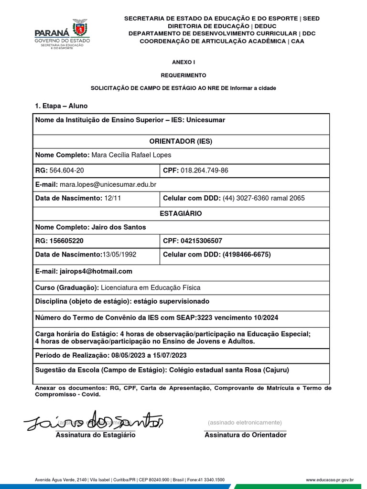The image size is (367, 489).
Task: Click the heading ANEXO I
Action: pyautogui.click(x=183, y=62)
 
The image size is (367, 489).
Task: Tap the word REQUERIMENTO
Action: pyautogui.click(x=183, y=75)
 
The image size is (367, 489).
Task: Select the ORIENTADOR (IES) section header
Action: pyautogui.click(x=181, y=141)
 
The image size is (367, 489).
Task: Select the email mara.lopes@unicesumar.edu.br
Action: pyautogui.click(x=108, y=184)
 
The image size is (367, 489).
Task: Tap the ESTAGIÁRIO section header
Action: pyautogui.click(x=181, y=213)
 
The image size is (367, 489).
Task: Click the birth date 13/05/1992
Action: pyautogui.click(x=119, y=255)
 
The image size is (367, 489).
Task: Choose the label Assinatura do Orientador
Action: pyautogui.click(x=246, y=435)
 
